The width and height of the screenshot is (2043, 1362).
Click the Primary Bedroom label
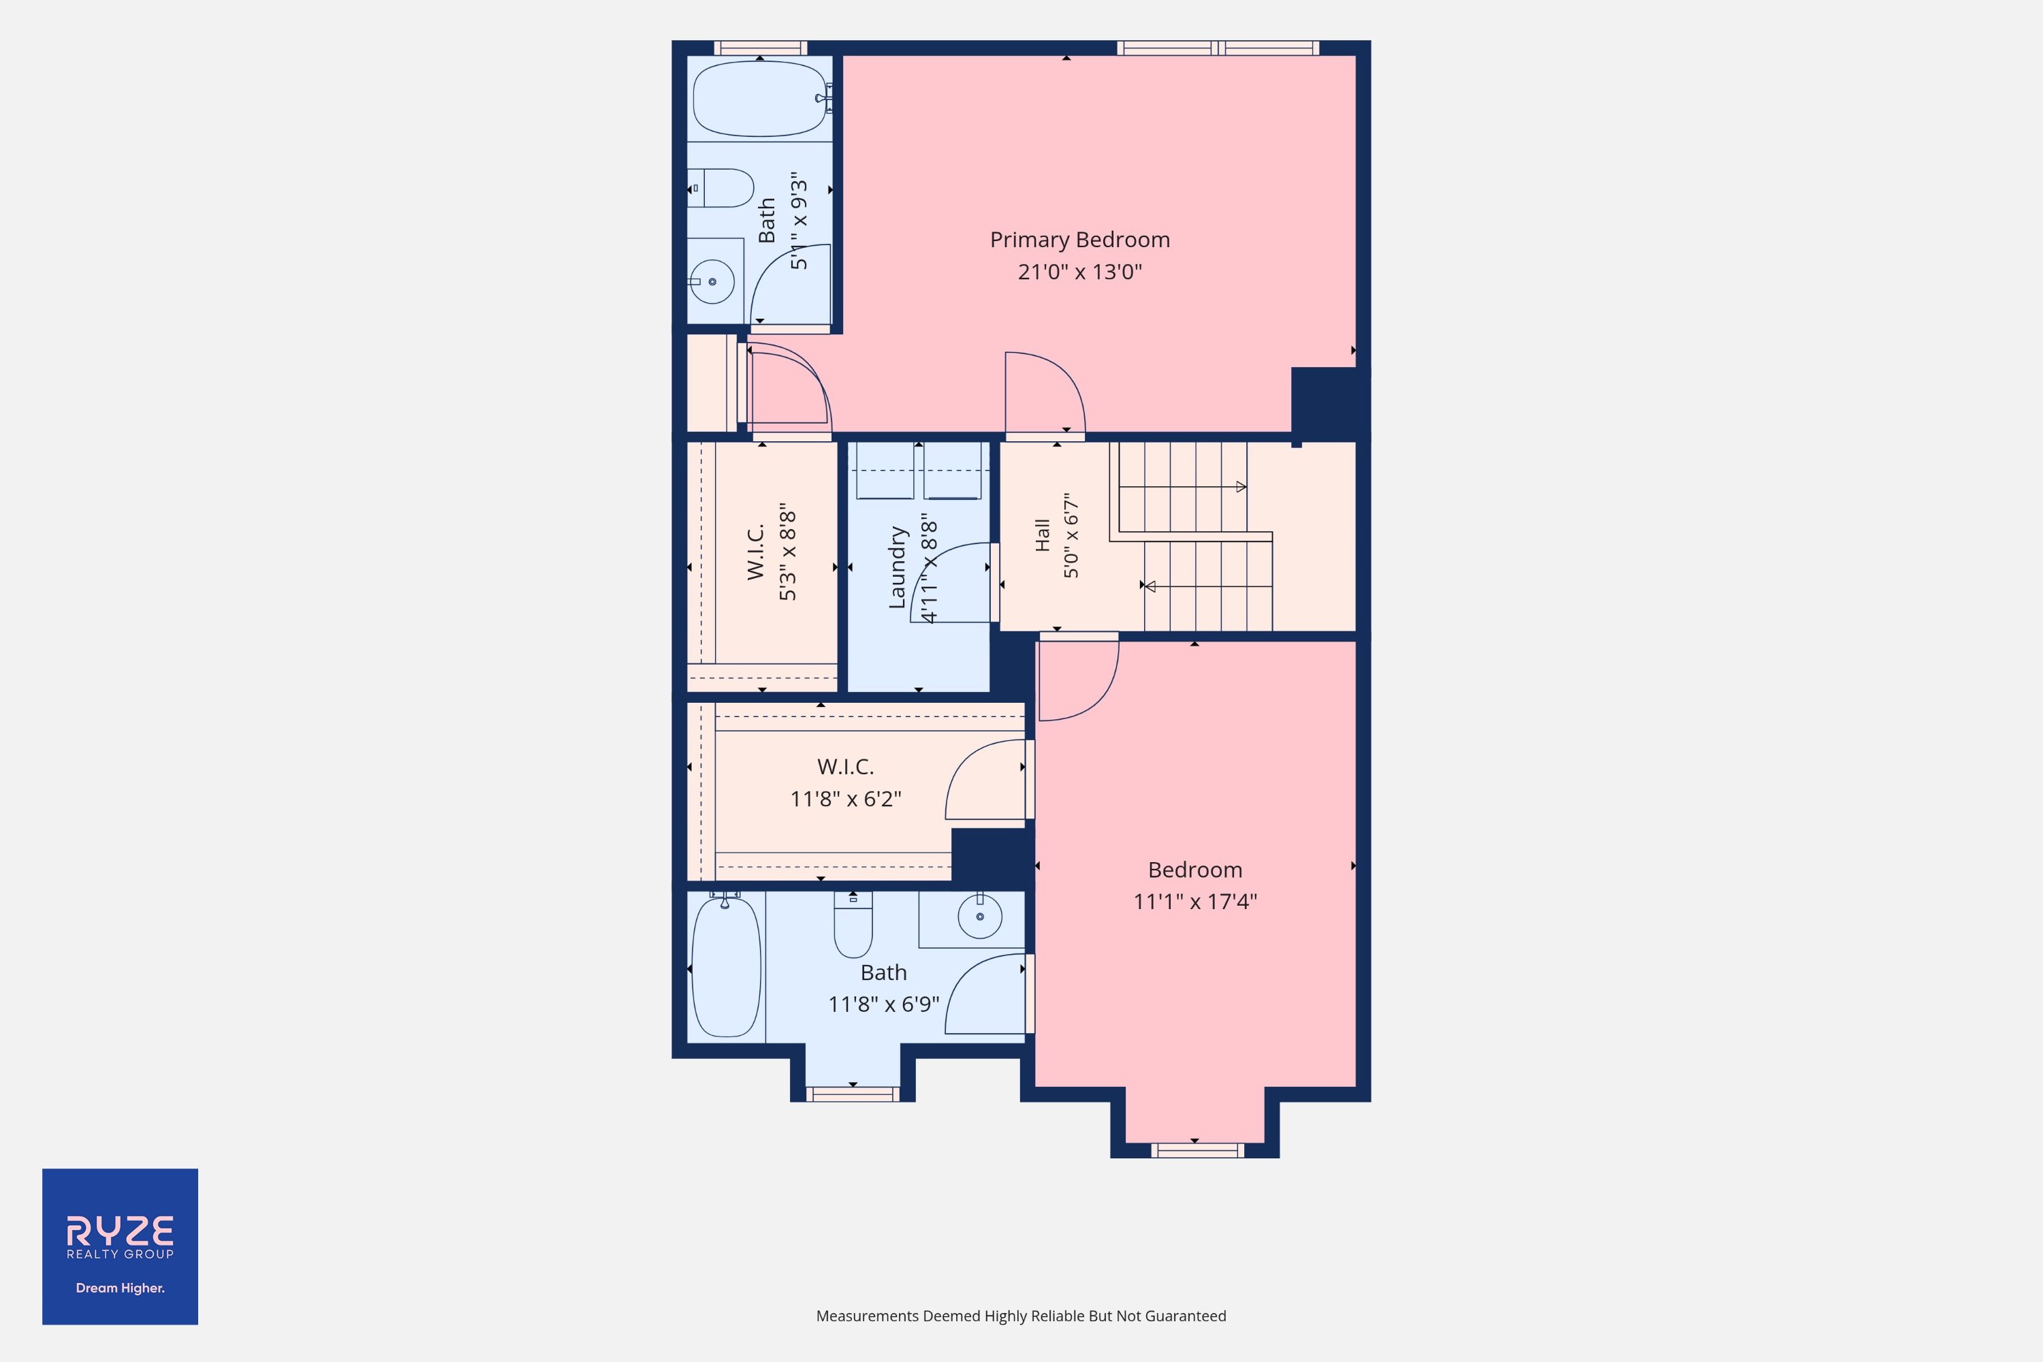[1079, 240]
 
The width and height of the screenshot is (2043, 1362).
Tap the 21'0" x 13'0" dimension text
[1079, 272]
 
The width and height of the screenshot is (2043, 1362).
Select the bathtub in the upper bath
[760, 98]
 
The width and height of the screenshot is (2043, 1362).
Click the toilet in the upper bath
[721, 188]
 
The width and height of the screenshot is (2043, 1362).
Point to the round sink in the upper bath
[712, 281]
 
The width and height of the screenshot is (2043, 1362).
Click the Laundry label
[898, 567]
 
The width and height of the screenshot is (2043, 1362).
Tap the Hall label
[1043, 535]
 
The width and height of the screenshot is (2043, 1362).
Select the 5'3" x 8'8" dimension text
[788, 552]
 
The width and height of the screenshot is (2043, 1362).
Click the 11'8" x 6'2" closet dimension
[845, 799]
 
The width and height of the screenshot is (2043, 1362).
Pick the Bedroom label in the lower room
[1195, 870]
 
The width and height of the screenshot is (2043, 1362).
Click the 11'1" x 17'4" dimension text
[1195, 902]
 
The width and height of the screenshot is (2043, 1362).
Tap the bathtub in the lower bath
[725, 967]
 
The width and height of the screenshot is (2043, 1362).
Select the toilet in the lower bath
[853, 925]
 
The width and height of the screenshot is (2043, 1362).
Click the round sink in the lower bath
[980, 917]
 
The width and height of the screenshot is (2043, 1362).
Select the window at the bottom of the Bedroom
[1197, 1151]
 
